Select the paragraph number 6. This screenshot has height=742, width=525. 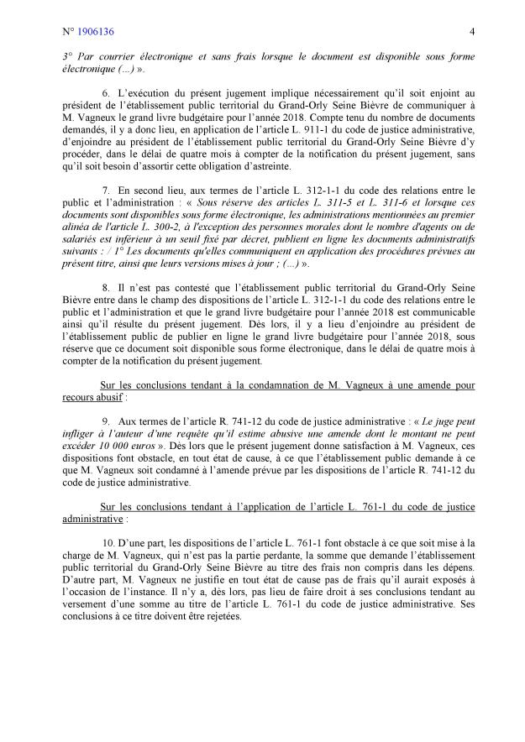[105, 112]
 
